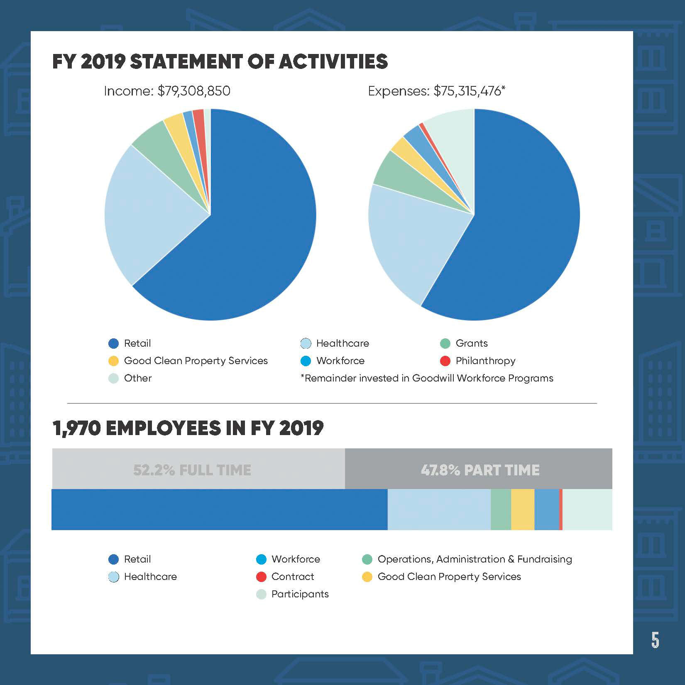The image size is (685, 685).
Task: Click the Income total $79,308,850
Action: coord(193,91)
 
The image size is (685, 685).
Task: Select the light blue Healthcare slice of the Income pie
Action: coord(141,216)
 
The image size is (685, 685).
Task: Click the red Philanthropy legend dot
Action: coord(445,361)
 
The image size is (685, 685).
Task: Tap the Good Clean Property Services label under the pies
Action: coord(196,361)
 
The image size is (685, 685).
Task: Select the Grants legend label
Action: coord(472,343)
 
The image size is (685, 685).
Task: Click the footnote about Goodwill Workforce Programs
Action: coord(427,378)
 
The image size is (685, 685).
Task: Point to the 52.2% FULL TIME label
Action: coord(192,470)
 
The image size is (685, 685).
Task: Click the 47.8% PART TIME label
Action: coord(480,470)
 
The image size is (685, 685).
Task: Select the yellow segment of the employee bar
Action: coord(523,509)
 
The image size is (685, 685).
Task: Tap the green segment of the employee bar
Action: coord(501,509)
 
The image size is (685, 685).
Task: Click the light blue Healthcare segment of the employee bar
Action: coord(439,509)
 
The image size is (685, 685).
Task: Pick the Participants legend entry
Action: coord(300,594)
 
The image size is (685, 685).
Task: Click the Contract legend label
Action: coord(293,577)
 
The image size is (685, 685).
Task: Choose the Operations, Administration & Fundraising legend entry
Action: coord(475,559)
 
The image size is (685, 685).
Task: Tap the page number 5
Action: coord(655,640)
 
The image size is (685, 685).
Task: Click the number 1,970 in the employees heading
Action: coord(76,428)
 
